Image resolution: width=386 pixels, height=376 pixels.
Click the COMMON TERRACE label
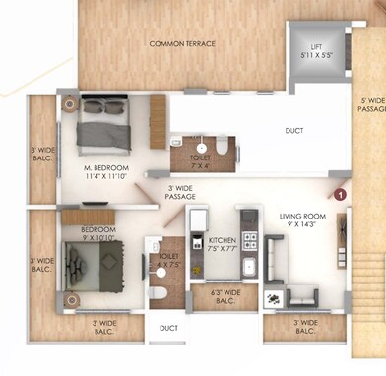point(183,44)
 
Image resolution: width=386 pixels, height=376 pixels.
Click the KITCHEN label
point(222,240)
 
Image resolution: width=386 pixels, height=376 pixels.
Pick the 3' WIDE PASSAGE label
point(181,192)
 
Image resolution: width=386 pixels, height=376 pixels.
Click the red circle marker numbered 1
point(340,195)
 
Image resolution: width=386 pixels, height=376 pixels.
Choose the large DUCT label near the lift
point(293,129)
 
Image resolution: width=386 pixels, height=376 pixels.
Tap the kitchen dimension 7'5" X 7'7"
point(222,249)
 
